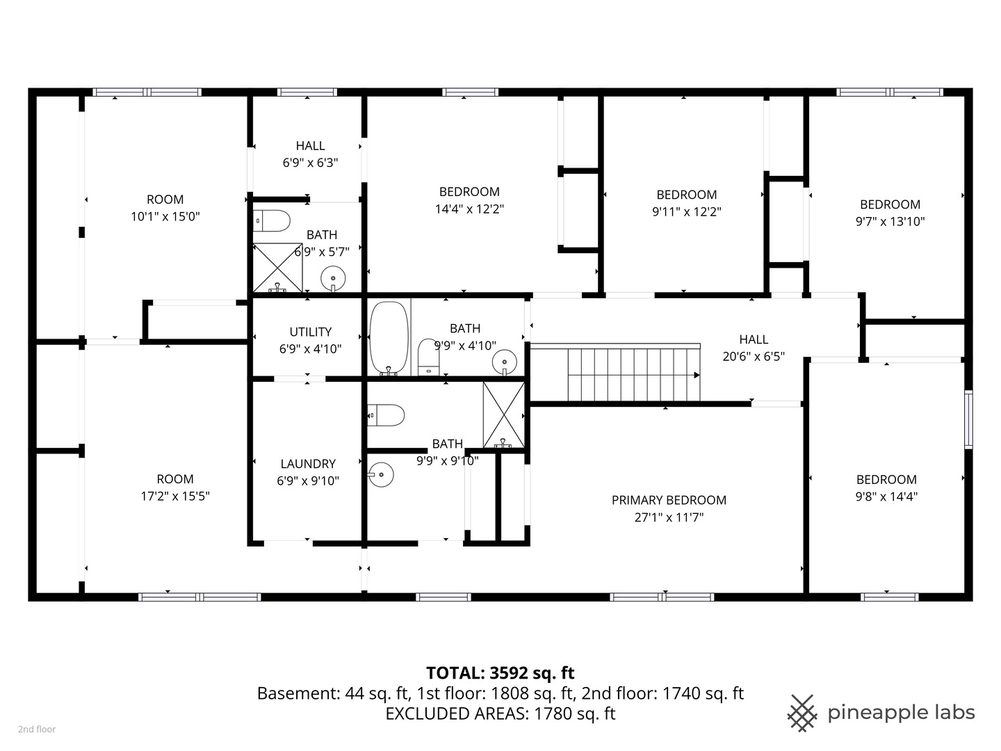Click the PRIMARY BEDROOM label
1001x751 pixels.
tap(669, 500)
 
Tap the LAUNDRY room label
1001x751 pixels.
tap(308, 464)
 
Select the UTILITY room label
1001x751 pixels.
tap(311, 332)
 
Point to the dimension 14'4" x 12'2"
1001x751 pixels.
tap(469, 209)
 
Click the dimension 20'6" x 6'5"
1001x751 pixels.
tap(754, 356)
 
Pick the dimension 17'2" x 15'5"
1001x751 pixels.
tap(175, 496)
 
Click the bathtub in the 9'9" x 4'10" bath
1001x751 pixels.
tap(389, 338)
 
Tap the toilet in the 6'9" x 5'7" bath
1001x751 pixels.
tap(272, 221)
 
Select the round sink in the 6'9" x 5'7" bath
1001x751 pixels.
tap(333, 278)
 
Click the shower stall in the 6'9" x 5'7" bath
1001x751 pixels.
tap(278, 268)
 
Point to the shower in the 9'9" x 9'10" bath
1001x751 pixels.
tap(504, 415)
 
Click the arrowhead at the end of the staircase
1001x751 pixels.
tap(697, 375)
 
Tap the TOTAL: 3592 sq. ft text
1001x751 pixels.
tap(500, 672)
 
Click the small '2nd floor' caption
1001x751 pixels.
tap(37, 729)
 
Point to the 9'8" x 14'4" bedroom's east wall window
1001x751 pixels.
tap(968, 419)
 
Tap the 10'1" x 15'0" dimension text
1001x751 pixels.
tap(165, 216)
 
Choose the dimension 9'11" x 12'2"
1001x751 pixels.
tap(687, 211)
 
